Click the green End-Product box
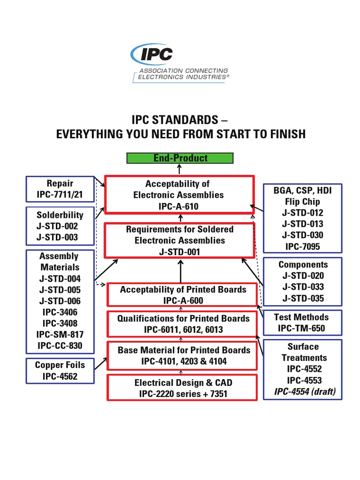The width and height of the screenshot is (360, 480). click(180, 158)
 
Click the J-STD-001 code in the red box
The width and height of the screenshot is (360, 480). click(180, 252)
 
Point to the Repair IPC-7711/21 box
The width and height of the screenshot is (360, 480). click(60, 189)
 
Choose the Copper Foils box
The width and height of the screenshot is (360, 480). click(60, 370)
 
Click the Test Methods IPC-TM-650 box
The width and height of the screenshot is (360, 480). click(301, 322)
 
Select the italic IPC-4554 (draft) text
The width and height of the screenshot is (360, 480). click(305, 391)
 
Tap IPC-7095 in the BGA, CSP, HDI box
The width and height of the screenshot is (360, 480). click(301, 246)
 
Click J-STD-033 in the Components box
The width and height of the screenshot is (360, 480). click(303, 287)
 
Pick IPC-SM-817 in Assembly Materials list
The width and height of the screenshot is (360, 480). click(60, 334)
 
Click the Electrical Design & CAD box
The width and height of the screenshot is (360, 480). click(183, 388)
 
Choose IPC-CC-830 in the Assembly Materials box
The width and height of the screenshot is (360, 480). click(60, 345)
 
